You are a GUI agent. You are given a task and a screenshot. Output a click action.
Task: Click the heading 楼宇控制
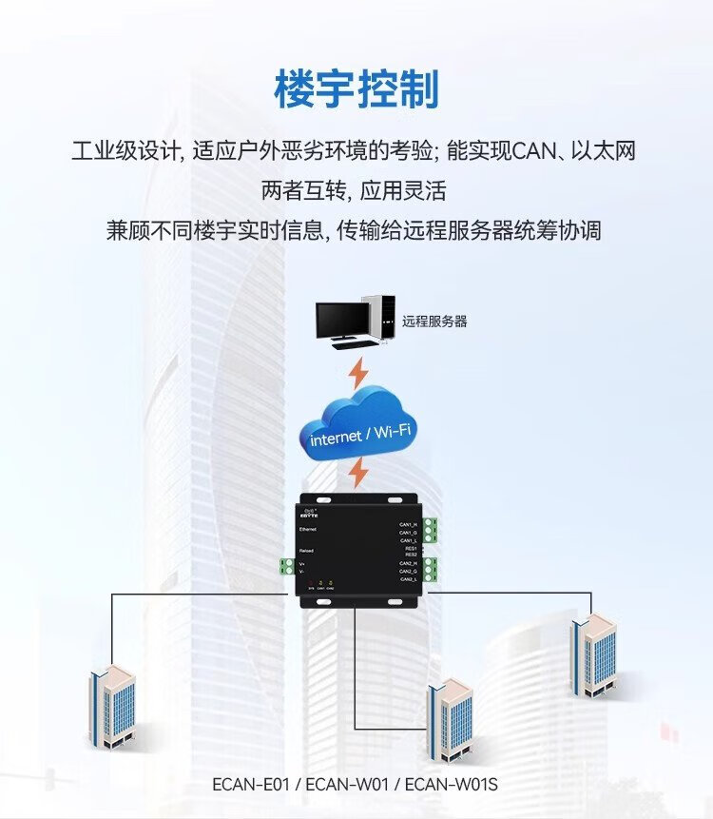pyautogui.click(x=356, y=90)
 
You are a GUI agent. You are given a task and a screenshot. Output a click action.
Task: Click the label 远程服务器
pyautogui.click(x=434, y=322)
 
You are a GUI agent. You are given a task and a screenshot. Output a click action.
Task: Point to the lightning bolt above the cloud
pyautogui.click(x=358, y=372)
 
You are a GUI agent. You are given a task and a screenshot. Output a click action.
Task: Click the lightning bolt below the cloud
pyautogui.click(x=357, y=472)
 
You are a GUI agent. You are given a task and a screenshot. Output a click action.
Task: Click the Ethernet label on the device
pyautogui.click(x=309, y=527)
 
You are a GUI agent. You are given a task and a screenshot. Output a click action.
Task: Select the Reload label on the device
pyautogui.click(x=307, y=551)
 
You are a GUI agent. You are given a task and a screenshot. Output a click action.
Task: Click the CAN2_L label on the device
pyautogui.click(x=408, y=579)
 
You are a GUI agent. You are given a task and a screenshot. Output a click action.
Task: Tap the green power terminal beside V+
pyautogui.click(x=285, y=566)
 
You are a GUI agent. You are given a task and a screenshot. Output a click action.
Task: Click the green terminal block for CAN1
pyautogui.click(x=431, y=531)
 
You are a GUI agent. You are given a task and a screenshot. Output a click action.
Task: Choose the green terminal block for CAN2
pyautogui.click(x=431, y=571)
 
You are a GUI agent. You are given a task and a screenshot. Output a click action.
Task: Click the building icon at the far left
pyautogui.click(x=112, y=705)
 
